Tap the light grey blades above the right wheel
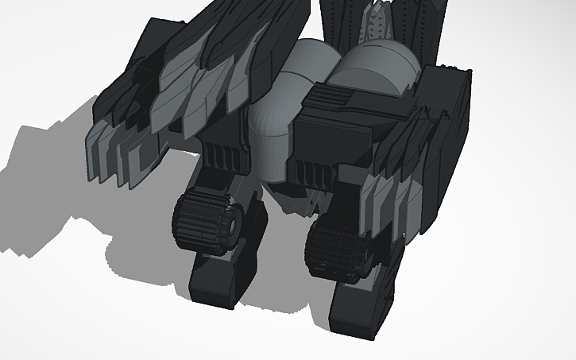(x=389, y=203)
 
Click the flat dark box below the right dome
(x=334, y=139)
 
